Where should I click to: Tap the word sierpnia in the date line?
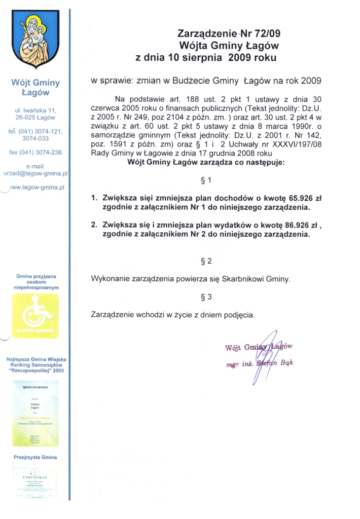202,57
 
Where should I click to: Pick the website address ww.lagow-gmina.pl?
37,187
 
